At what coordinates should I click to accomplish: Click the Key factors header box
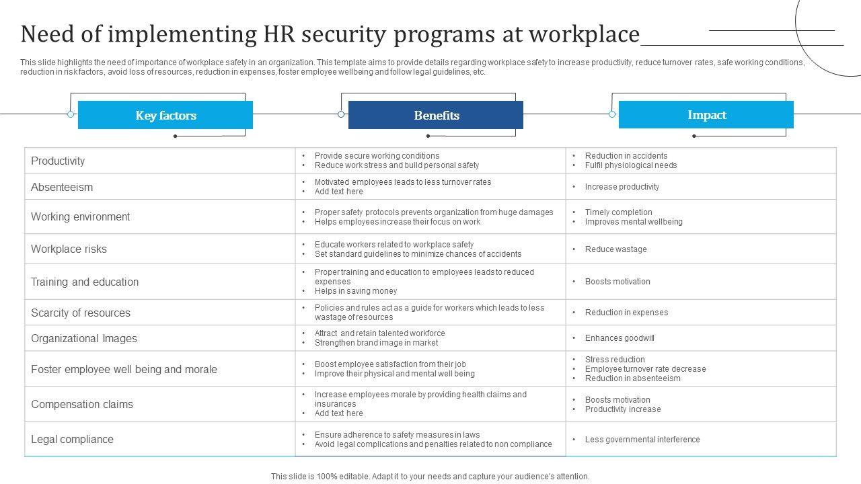(x=165, y=115)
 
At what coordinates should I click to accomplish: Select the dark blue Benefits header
(x=436, y=115)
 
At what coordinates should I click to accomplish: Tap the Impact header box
(x=706, y=115)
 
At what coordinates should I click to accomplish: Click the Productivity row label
(x=58, y=161)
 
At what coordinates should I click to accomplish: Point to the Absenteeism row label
(x=62, y=187)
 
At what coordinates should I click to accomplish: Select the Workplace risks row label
(x=69, y=249)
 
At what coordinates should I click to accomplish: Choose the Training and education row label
(x=85, y=282)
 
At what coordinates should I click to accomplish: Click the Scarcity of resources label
(x=81, y=313)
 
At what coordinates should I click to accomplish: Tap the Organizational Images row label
(x=84, y=338)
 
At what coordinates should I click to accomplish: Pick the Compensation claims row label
(x=82, y=404)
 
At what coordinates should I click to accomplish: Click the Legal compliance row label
(x=72, y=439)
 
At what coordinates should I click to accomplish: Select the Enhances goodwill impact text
(x=620, y=338)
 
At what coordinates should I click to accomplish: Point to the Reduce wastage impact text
(x=615, y=249)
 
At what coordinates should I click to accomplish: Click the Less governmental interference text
(x=642, y=440)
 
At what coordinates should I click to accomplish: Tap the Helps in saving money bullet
(x=356, y=291)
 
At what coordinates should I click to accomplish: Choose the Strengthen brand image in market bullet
(x=376, y=343)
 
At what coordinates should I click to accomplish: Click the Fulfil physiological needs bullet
(x=631, y=165)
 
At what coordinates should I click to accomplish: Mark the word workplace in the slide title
(x=584, y=34)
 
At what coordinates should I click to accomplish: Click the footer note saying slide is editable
(x=430, y=476)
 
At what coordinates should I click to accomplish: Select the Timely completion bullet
(x=619, y=212)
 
